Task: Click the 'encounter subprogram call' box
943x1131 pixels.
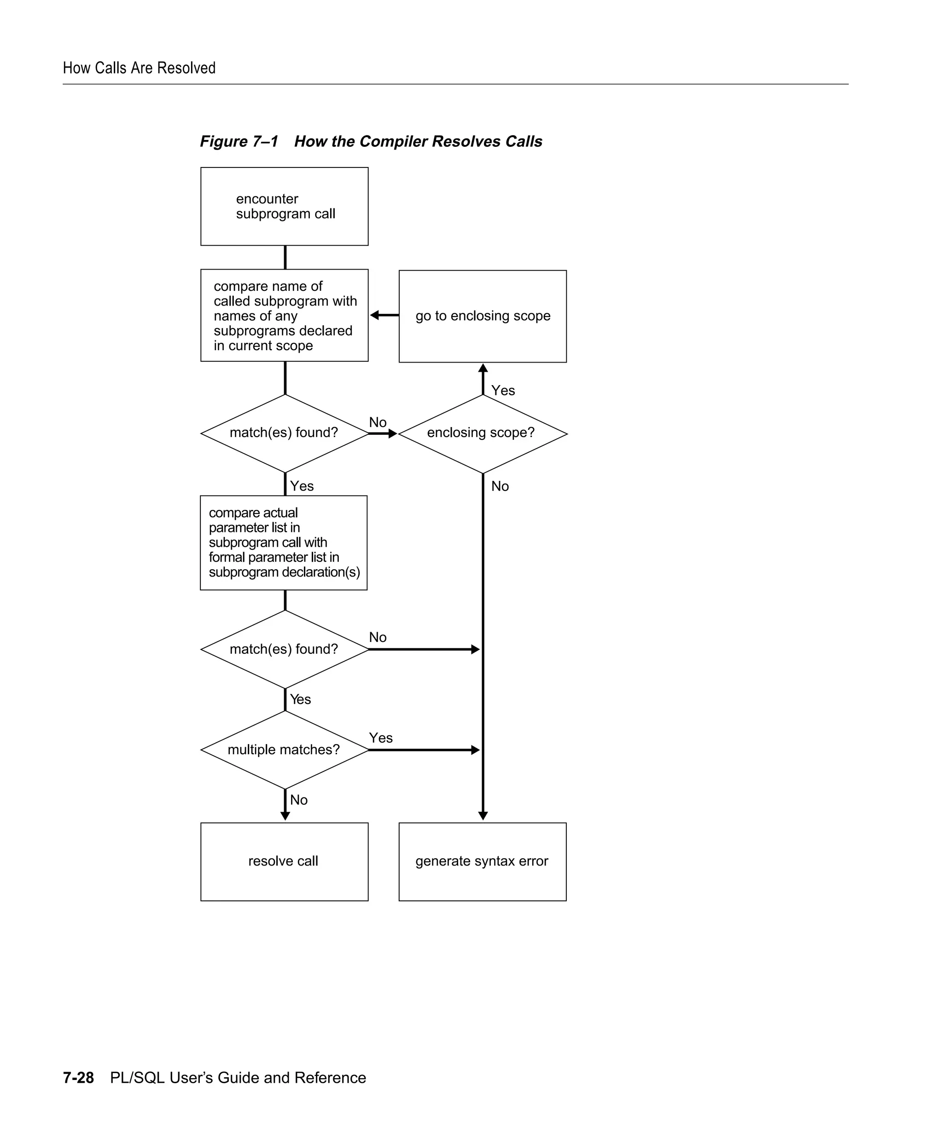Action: click(284, 206)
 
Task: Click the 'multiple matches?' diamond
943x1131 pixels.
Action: click(284, 750)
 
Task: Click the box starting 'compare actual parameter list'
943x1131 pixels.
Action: click(284, 542)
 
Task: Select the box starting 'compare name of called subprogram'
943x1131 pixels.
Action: click(284, 315)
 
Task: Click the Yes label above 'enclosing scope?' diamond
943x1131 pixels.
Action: click(503, 391)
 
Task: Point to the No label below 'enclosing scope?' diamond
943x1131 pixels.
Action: click(500, 486)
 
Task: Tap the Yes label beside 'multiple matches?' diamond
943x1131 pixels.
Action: click(380, 738)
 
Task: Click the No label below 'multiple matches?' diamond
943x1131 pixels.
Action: click(298, 800)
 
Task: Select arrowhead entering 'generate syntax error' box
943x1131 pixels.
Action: click(483, 815)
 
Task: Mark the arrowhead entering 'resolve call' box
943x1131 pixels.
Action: click(285, 815)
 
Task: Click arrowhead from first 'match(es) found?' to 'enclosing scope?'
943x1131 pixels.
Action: click(392, 433)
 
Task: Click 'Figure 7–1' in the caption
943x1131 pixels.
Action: click(239, 141)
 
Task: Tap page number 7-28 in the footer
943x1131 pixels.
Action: click(78, 1062)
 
